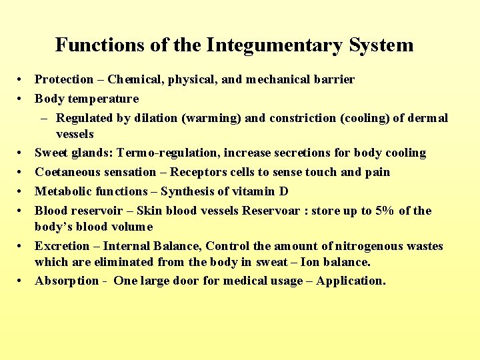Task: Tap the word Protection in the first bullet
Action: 64,79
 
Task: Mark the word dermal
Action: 427,118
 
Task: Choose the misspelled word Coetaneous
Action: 68,172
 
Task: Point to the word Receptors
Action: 198,172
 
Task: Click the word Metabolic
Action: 63,191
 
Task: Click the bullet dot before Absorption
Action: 22,281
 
